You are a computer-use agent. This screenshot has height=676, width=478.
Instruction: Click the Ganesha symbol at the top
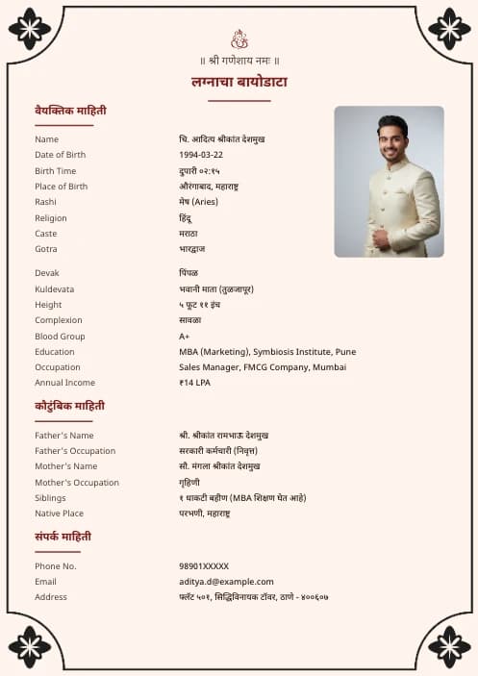[239, 39]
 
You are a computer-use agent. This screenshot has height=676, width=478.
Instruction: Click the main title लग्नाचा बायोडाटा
[239, 82]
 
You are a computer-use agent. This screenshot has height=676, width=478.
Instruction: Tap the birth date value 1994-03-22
[201, 155]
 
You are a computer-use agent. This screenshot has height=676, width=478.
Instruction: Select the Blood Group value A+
[185, 337]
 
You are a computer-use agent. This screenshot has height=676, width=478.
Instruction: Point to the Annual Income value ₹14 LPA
[195, 383]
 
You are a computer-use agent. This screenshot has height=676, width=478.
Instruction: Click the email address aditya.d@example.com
[226, 582]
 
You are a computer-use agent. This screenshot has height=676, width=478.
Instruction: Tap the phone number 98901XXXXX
[204, 566]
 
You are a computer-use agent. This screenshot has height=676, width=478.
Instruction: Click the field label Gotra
[46, 249]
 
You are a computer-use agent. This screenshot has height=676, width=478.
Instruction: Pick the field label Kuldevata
[54, 289]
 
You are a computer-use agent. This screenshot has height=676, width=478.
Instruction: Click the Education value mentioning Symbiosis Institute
[267, 352]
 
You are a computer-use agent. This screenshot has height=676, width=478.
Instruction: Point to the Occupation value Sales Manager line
[263, 367]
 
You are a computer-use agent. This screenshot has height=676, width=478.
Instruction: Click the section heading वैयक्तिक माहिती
[70, 111]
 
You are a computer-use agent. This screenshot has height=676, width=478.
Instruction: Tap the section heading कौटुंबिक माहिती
[69, 406]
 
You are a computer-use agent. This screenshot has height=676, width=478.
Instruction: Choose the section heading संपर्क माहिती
[63, 536]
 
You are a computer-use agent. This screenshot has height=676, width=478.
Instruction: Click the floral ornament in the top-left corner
[29, 29]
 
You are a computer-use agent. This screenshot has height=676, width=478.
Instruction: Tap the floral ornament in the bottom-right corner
[449, 646]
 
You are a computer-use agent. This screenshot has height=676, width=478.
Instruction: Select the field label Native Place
[59, 513]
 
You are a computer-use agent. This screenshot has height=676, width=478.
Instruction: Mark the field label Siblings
[50, 498]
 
